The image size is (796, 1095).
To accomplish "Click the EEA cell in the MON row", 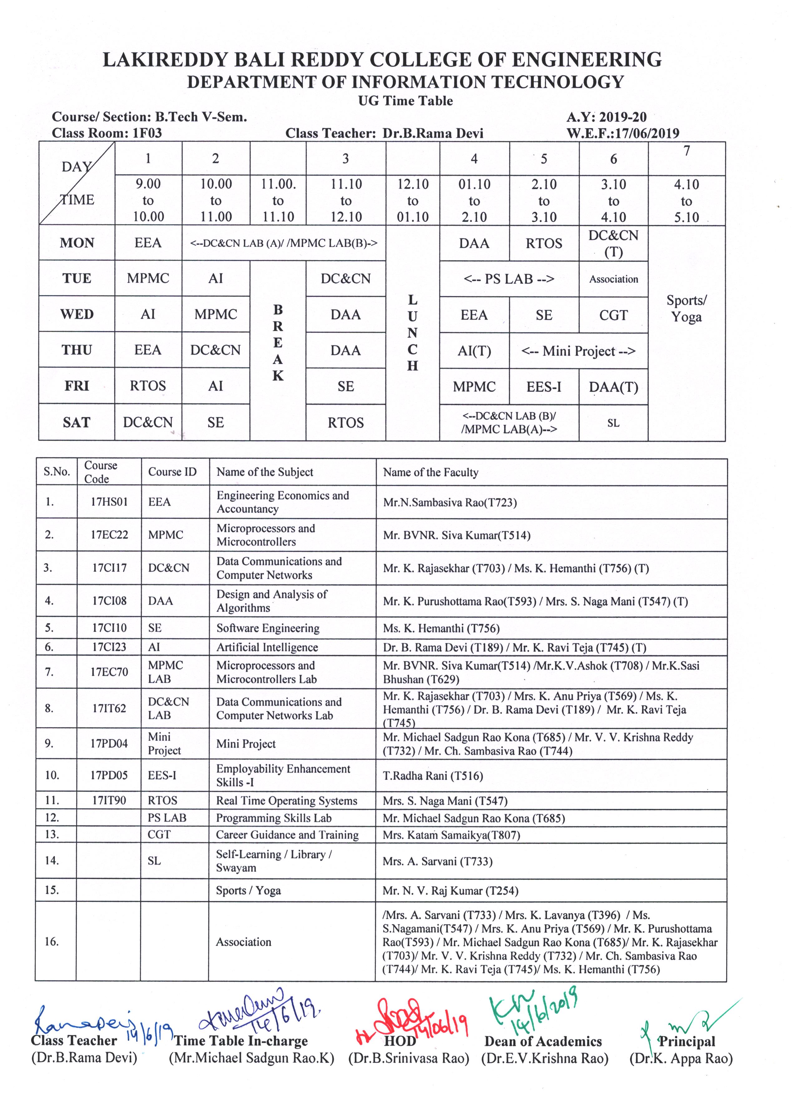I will [148, 243].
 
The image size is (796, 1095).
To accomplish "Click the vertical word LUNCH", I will [412, 333].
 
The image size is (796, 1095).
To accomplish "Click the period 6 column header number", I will [613, 159].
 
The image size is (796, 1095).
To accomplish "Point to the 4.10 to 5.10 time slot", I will [686, 200].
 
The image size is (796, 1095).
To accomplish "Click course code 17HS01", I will [109, 502].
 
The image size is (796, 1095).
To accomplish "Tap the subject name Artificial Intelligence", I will [267, 647].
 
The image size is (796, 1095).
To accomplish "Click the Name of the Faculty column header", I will [430, 472].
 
